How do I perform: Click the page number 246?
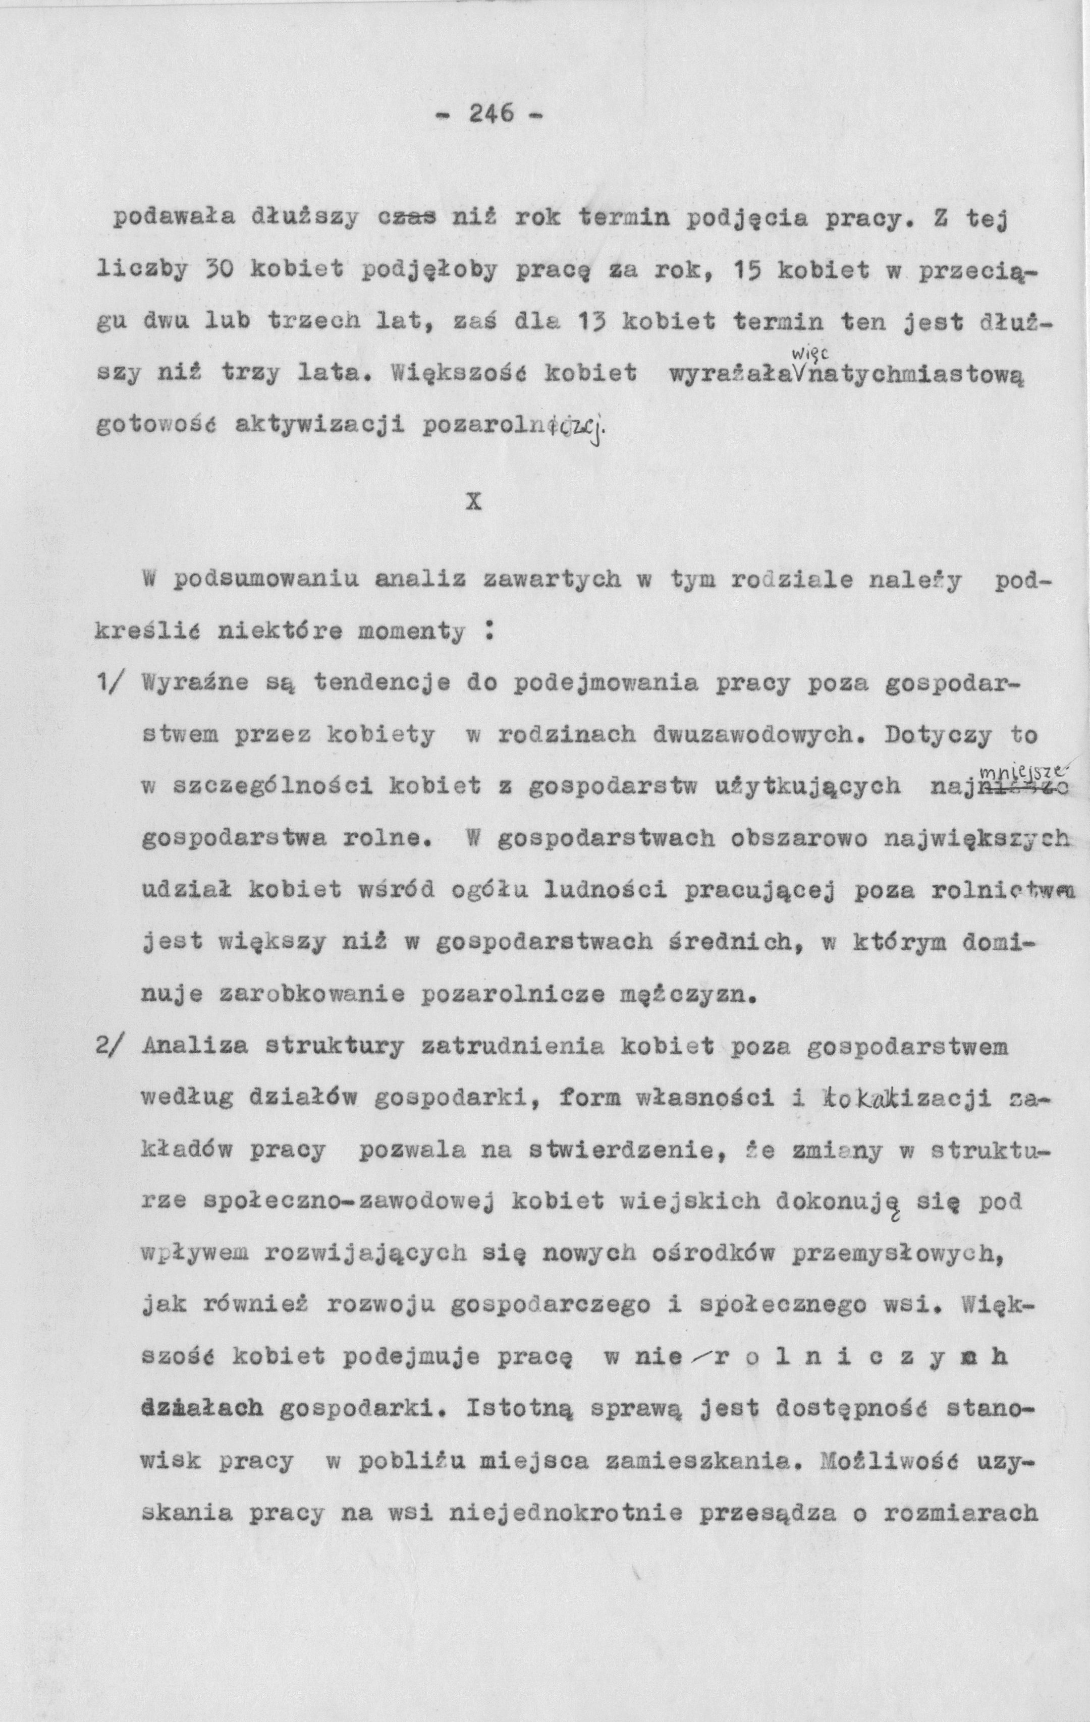pos(492,112)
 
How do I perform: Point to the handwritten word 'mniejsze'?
pos(1023,771)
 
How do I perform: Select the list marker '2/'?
pos(112,1046)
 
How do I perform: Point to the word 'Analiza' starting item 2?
pos(196,1046)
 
